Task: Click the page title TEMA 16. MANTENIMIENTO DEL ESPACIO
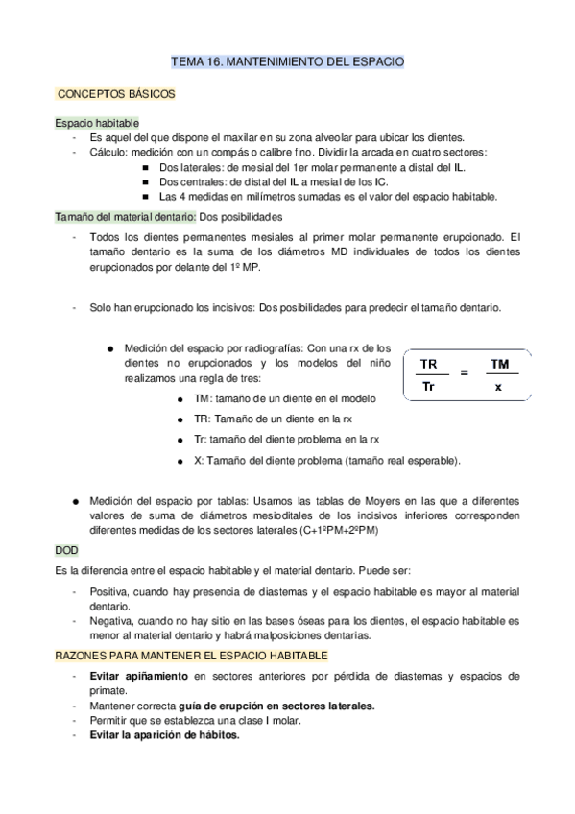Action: point(287,61)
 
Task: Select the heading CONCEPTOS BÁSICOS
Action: point(115,96)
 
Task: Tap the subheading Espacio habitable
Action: point(96,123)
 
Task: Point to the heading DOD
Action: point(66,551)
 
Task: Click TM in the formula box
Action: point(498,365)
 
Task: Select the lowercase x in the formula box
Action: point(498,388)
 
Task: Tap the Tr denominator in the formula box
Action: point(429,388)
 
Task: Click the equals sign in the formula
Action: point(464,373)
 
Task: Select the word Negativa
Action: point(111,621)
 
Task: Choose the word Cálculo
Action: point(108,152)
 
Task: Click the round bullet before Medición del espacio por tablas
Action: point(75,501)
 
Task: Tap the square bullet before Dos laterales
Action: point(145,166)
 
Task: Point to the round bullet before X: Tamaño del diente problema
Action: point(180,460)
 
